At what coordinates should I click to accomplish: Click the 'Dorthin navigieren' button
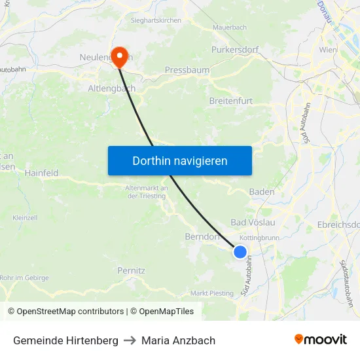coord(180,160)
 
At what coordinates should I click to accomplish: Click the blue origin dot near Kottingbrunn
coord(240,252)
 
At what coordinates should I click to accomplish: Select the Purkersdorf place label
coord(235,49)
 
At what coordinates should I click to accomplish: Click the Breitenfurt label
coord(230,101)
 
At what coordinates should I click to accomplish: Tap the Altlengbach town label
coord(112,88)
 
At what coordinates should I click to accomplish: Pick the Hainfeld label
coord(41,173)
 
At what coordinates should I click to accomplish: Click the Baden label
coord(262,192)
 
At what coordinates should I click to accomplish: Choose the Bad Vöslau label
coord(253,222)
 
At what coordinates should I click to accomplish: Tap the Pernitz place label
coord(131,270)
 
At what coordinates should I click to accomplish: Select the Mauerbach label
coord(230,28)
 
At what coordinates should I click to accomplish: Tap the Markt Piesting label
coord(211,293)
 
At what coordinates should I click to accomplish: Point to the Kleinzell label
coord(25,217)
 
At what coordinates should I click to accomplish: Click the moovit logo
coord(321,340)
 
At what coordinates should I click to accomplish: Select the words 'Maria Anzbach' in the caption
coord(178,340)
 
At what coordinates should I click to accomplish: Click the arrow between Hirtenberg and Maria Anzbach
coord(130,340)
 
